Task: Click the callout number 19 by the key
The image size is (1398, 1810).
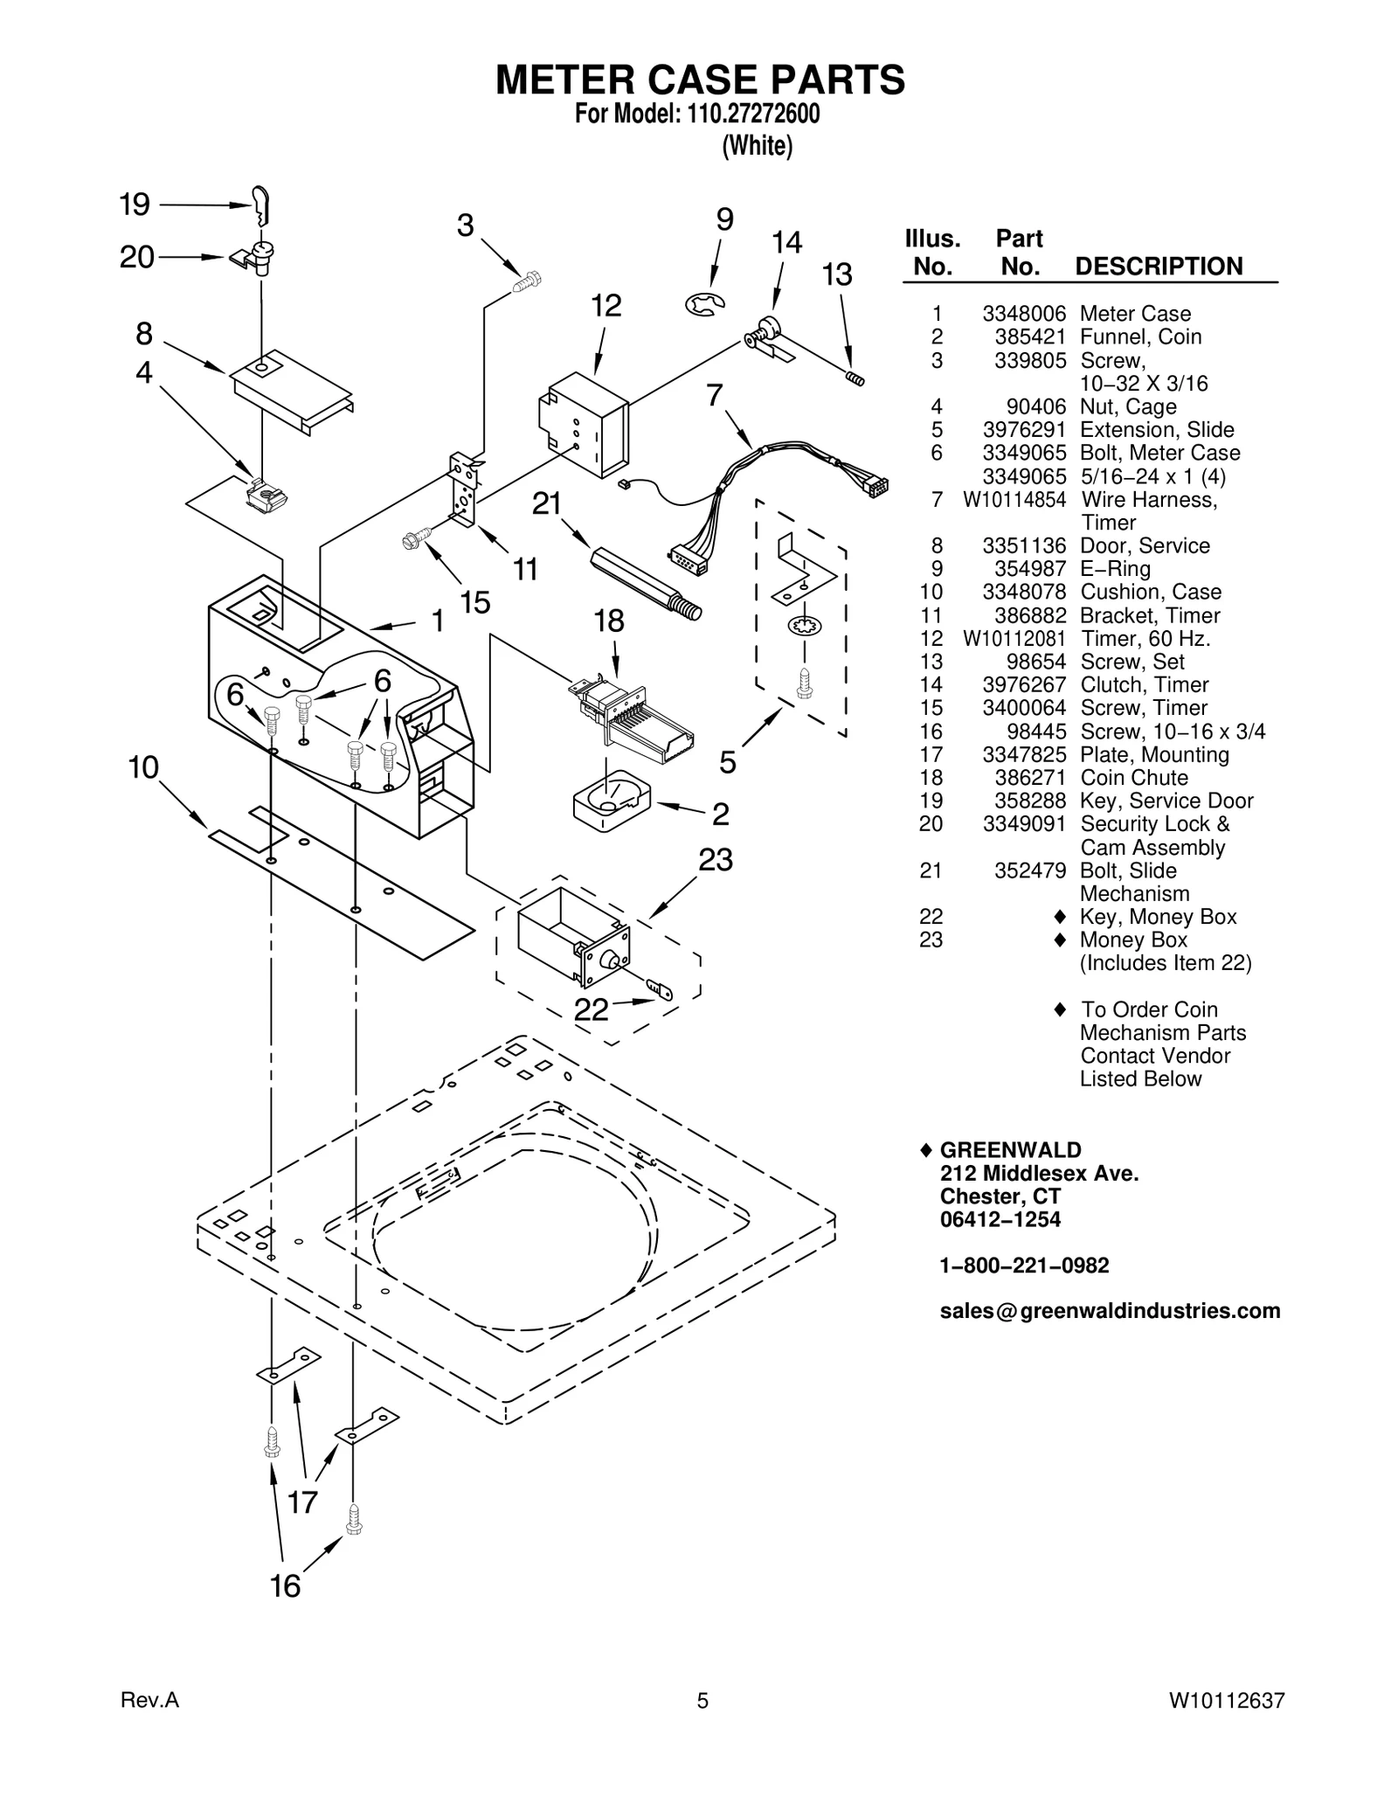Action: pos(135,205)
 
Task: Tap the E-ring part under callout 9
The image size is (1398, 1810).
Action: pos(704,305)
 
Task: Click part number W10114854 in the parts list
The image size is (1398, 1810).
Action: pos(1014,500)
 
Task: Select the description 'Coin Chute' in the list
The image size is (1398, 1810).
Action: pos(1133,778)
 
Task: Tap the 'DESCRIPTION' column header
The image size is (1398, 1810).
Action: pos(1159,267)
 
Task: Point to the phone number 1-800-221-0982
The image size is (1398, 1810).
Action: pos(1024,1266)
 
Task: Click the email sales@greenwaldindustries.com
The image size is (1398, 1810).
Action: pos(1110,1311)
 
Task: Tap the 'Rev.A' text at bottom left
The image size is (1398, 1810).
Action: pos(149,1701)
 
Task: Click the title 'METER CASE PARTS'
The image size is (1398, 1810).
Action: pos(700,80)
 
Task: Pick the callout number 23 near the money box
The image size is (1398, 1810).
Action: pos(716,860)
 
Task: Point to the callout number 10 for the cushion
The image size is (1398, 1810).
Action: pos(143,768)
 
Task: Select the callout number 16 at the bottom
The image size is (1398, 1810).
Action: pos(286,1586)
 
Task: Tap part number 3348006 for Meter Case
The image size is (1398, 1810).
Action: pos(1024,314)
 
